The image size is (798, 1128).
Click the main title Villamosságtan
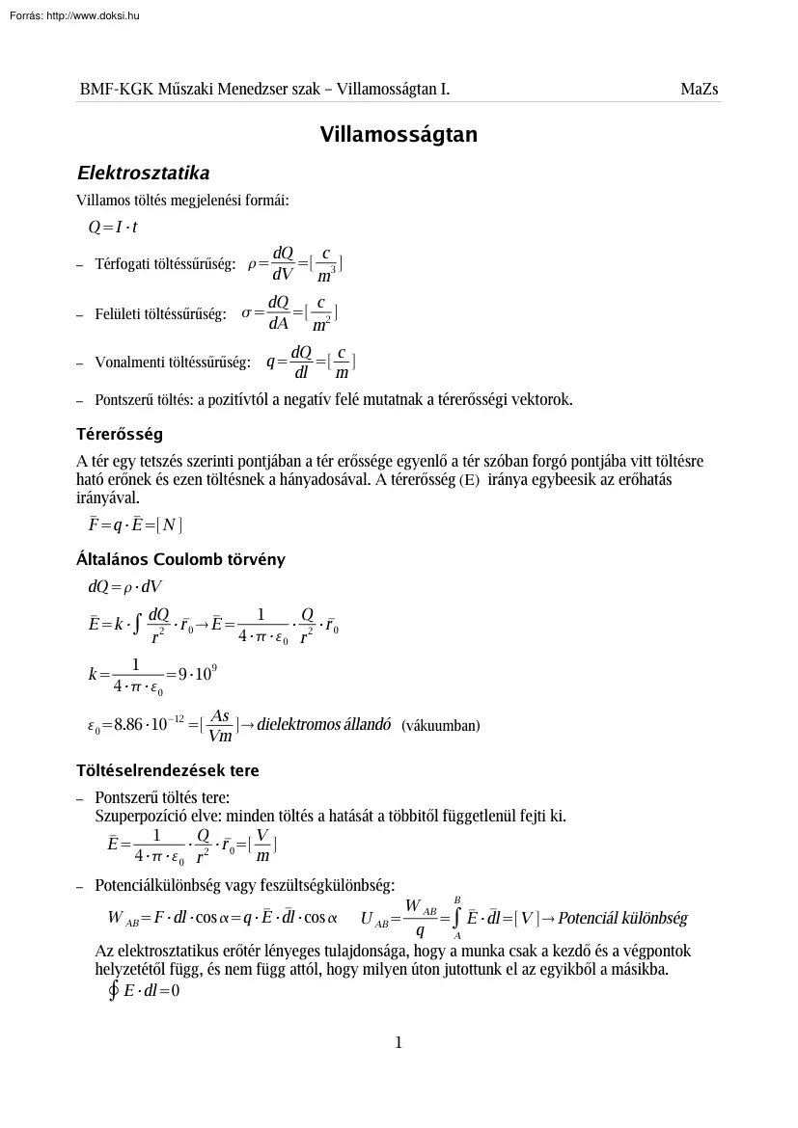click(x=399, y=135)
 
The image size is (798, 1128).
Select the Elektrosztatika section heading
click(x=143, y=174)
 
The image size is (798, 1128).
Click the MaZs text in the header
click(x=700, y=90)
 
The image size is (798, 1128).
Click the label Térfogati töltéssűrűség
click(x=165, y=264)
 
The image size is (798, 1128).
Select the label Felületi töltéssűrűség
click(x=160, y=313)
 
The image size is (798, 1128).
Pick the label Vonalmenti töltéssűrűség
click(x=173, y=363)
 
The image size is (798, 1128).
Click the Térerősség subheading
click(x=120, y=433)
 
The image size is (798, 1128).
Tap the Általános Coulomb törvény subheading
click(x=180, y=559)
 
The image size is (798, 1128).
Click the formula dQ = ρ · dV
click(x=125, y=586)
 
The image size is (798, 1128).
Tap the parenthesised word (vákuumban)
click(x=440, y=725)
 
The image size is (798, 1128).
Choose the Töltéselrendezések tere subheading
click(x=168, y=771)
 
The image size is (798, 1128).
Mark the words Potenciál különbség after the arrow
click(x=622, y=918)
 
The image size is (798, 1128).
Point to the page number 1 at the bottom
click(x=399, y=1042)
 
